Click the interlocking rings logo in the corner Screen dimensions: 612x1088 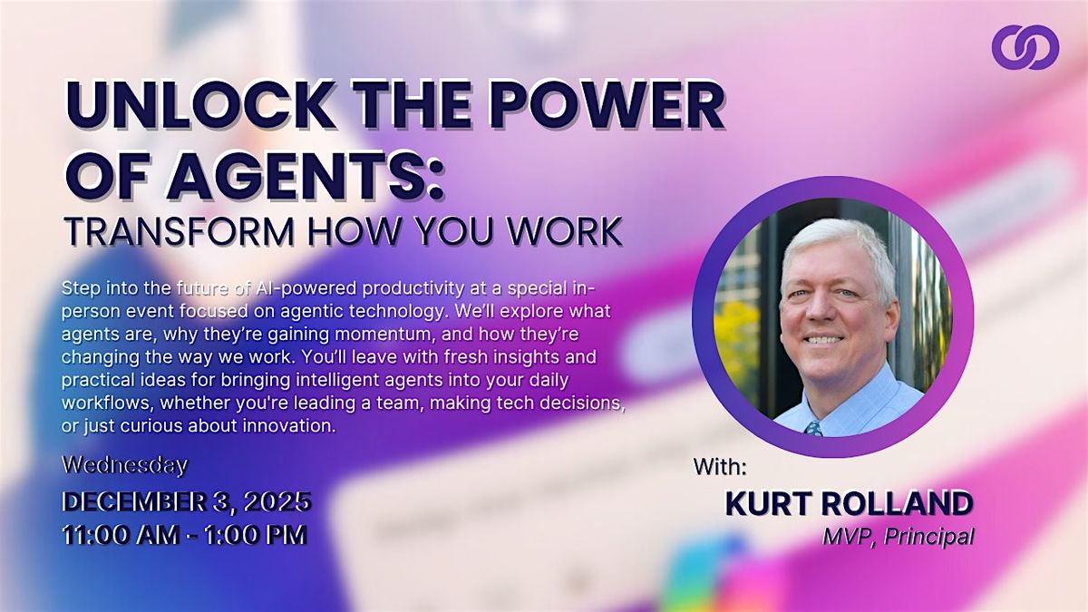[x=1025, y=46]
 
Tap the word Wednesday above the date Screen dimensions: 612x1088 [x=124, y=465]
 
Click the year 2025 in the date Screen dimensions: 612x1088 [x=278, y=500]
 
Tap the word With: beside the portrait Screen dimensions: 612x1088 [x=721, y=466]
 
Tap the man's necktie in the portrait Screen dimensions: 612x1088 [x=813, y=426]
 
